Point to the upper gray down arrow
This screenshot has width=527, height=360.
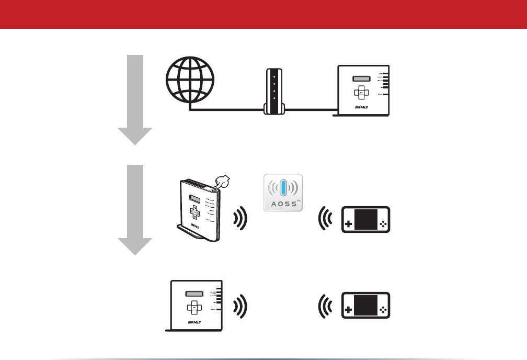pos(135,99)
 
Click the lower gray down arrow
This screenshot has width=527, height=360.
pos(135,209)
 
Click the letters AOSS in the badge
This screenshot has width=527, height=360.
pos(283,204)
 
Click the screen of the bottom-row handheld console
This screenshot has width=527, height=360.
pos(365,306)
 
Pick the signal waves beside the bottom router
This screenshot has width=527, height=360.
pos(241,306)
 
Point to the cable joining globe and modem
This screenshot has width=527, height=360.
pos(225,110)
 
